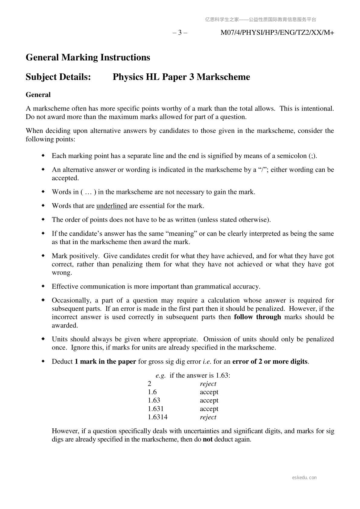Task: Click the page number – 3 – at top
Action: [x=180, y=33]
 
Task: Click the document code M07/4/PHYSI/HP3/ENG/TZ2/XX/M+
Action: [x=277, y=33]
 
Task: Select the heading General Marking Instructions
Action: [x=88, y=57]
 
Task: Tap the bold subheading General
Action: [x=38, y=95]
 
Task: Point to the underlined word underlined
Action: [x=112, y=206]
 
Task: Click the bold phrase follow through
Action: [x=257, y=317]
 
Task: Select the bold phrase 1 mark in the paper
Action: [x=105, y=362]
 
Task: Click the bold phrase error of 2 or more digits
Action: [x=270, y=362]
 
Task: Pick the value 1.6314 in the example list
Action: [x=157, y=417]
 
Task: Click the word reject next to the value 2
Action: [x=208, y=384]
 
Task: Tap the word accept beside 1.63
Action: [x=209, y=401]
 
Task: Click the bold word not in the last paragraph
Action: [x=207, y=440]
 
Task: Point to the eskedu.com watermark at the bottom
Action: [x=304, y=478]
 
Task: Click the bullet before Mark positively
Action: [x=43, y=256]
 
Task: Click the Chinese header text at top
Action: [x=260, y=20]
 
